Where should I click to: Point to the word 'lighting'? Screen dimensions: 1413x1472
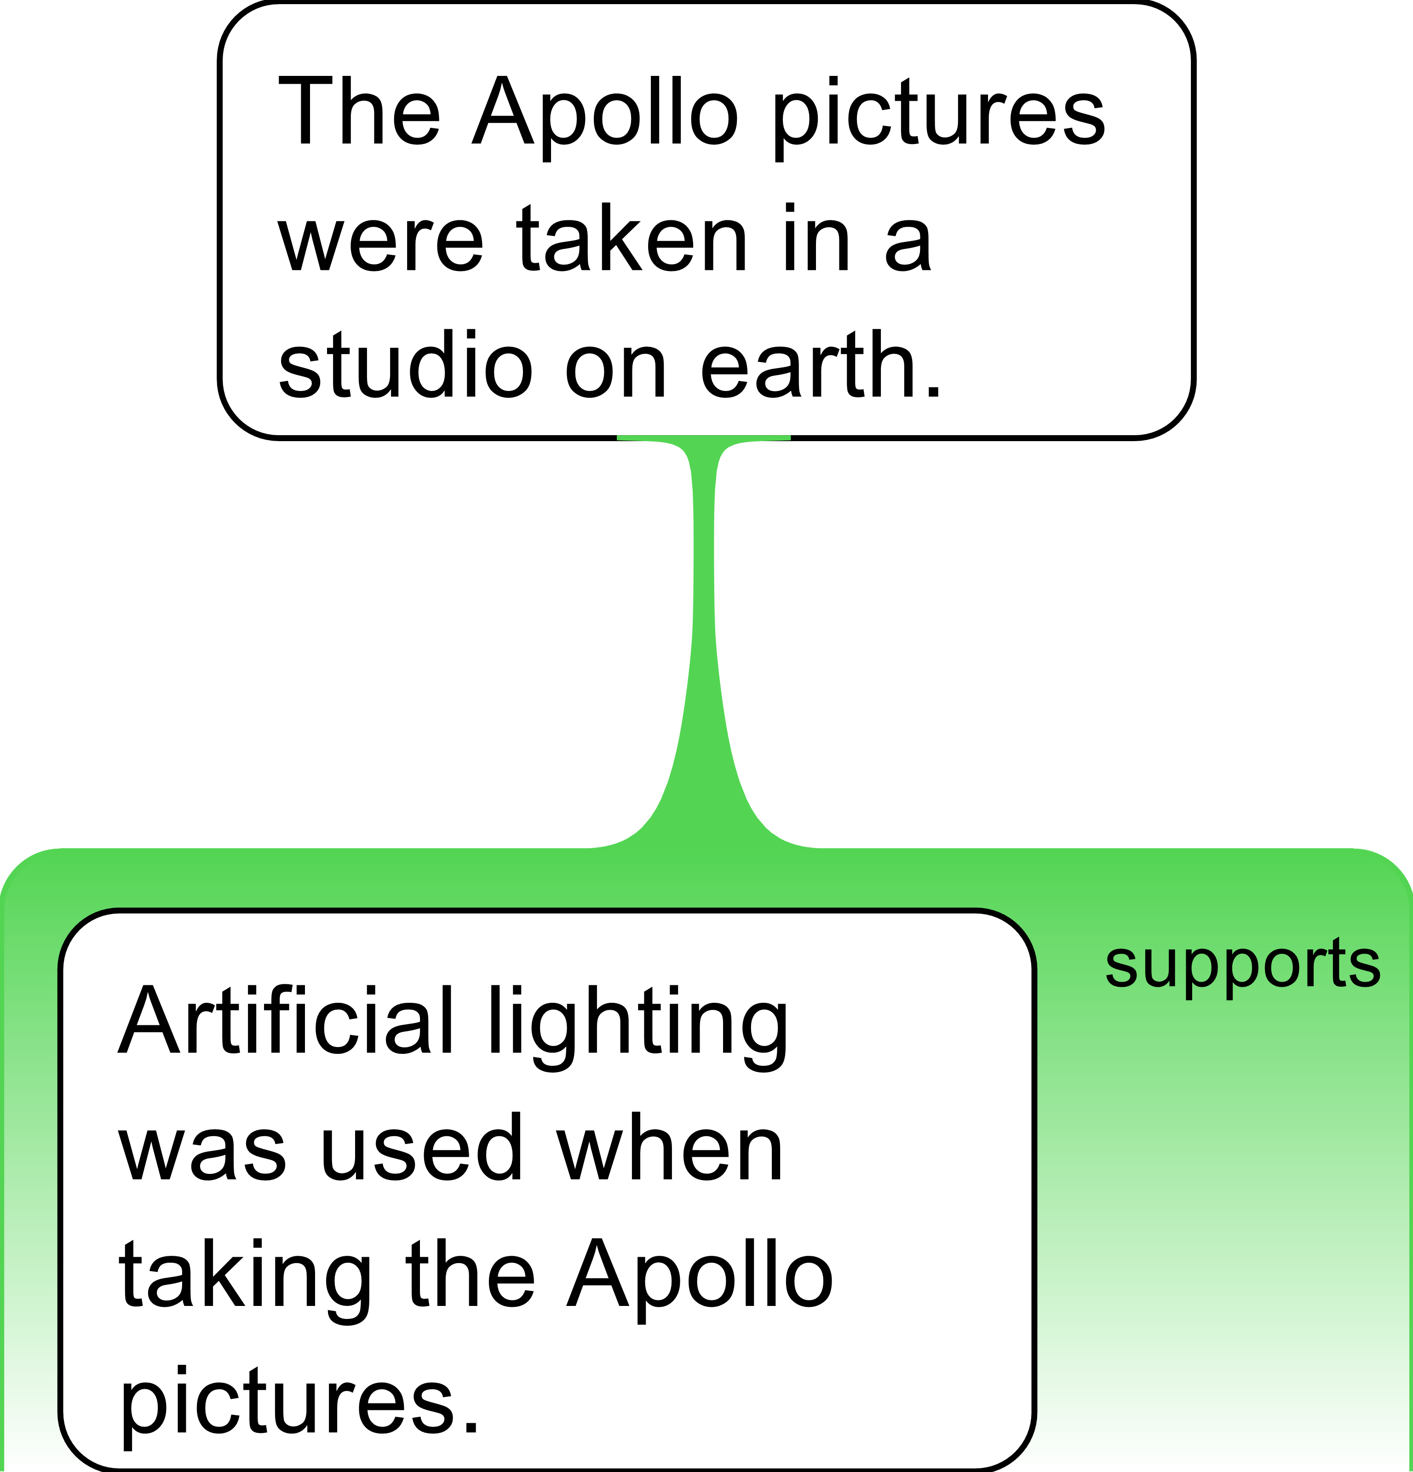[638, 1029]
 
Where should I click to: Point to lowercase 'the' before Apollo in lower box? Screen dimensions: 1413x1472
[470, 1275]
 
